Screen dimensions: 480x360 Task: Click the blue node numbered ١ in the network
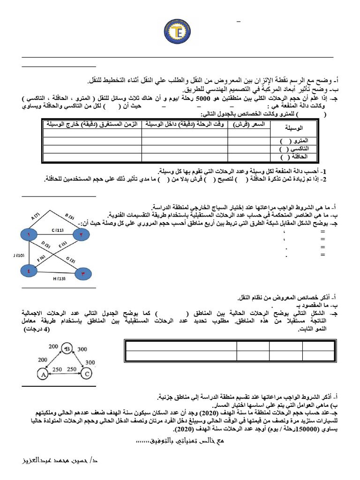29,234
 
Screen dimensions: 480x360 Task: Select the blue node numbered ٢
81,234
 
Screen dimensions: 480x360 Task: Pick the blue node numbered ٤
29,270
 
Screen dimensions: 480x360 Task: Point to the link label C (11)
57,230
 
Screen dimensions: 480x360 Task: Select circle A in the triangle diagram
43,374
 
